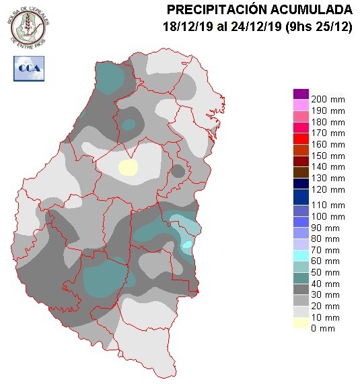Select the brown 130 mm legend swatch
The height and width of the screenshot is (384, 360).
coord(301,172)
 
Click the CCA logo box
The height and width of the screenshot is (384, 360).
coord(28,67)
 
